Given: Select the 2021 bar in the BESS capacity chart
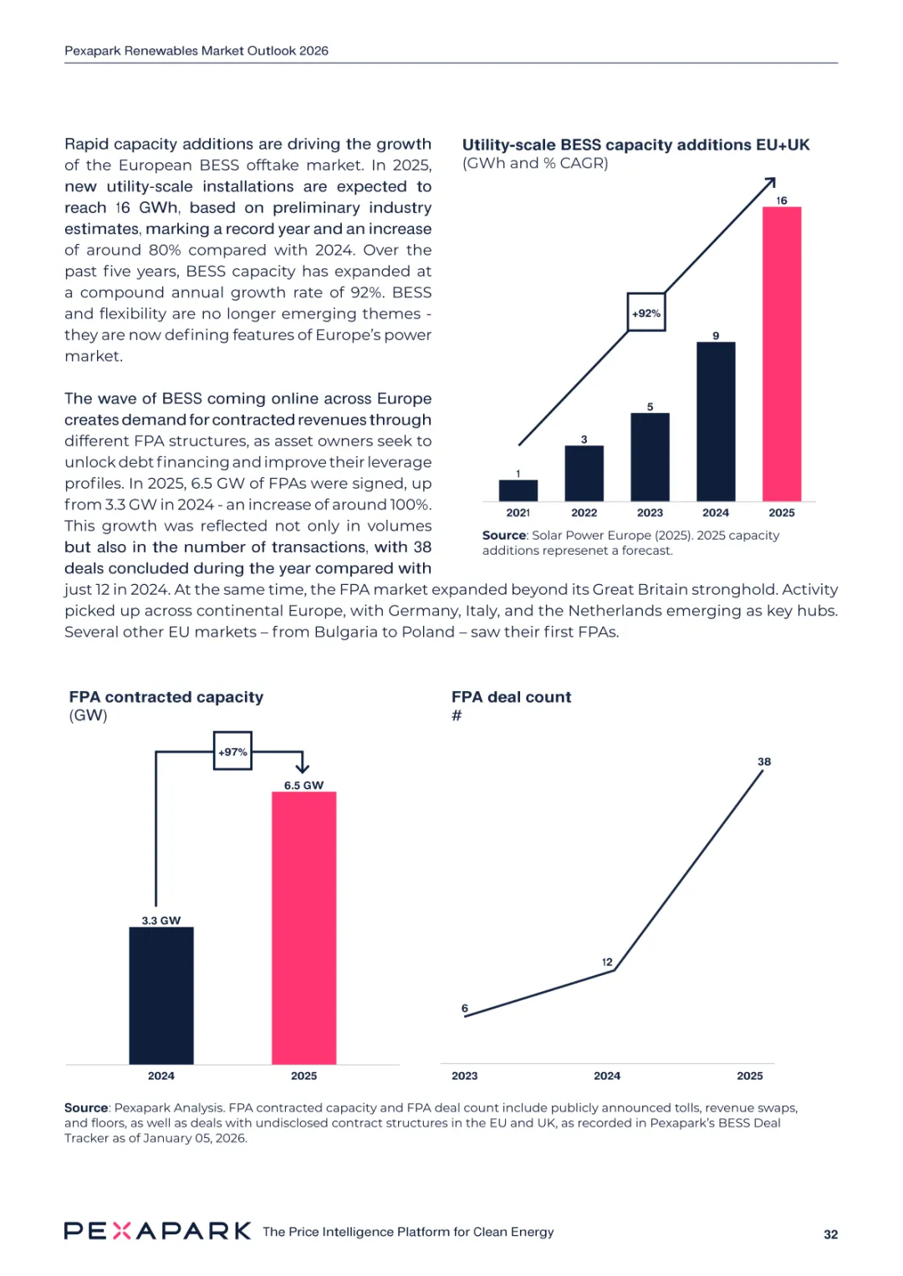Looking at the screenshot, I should [x=518, y=490].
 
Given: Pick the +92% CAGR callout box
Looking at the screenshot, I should [x=646, y=313].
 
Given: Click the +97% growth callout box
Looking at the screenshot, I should [x=232, y=751].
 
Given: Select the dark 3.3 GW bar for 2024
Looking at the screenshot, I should [x=161, y=995].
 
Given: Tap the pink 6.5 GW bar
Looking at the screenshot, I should [x=304, y=928].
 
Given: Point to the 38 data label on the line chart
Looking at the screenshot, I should [x=764, y=761].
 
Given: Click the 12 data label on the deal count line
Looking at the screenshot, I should [x=607, y=962].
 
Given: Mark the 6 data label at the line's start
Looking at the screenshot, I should [x=465, y=1009].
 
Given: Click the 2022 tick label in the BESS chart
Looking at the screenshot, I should [x=584, y=513].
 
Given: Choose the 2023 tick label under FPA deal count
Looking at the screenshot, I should [x=465, y=1075].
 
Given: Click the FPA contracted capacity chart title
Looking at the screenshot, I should [x=166, y=697].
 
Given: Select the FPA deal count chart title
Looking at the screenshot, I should [x=511, y=697].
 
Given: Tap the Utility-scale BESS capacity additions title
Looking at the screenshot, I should [x=635, y=145].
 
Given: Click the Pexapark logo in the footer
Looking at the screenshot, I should [x=157, y=1231].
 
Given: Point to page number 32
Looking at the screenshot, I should [x=830, y=1234].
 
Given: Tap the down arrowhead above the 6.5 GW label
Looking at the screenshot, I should [x=302, y=767].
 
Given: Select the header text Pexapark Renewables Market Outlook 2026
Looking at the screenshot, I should [x=196, y=51].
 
